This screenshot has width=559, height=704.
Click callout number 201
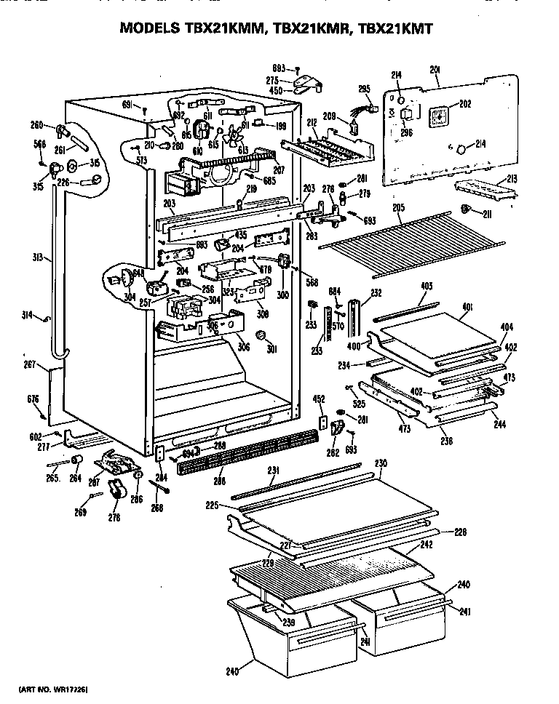coord(436,70)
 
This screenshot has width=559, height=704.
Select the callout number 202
coord(465,104)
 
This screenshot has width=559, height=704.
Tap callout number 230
coord(381,463)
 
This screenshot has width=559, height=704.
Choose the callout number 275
coord(272,80)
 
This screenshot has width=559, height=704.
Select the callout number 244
coord(499,424)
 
